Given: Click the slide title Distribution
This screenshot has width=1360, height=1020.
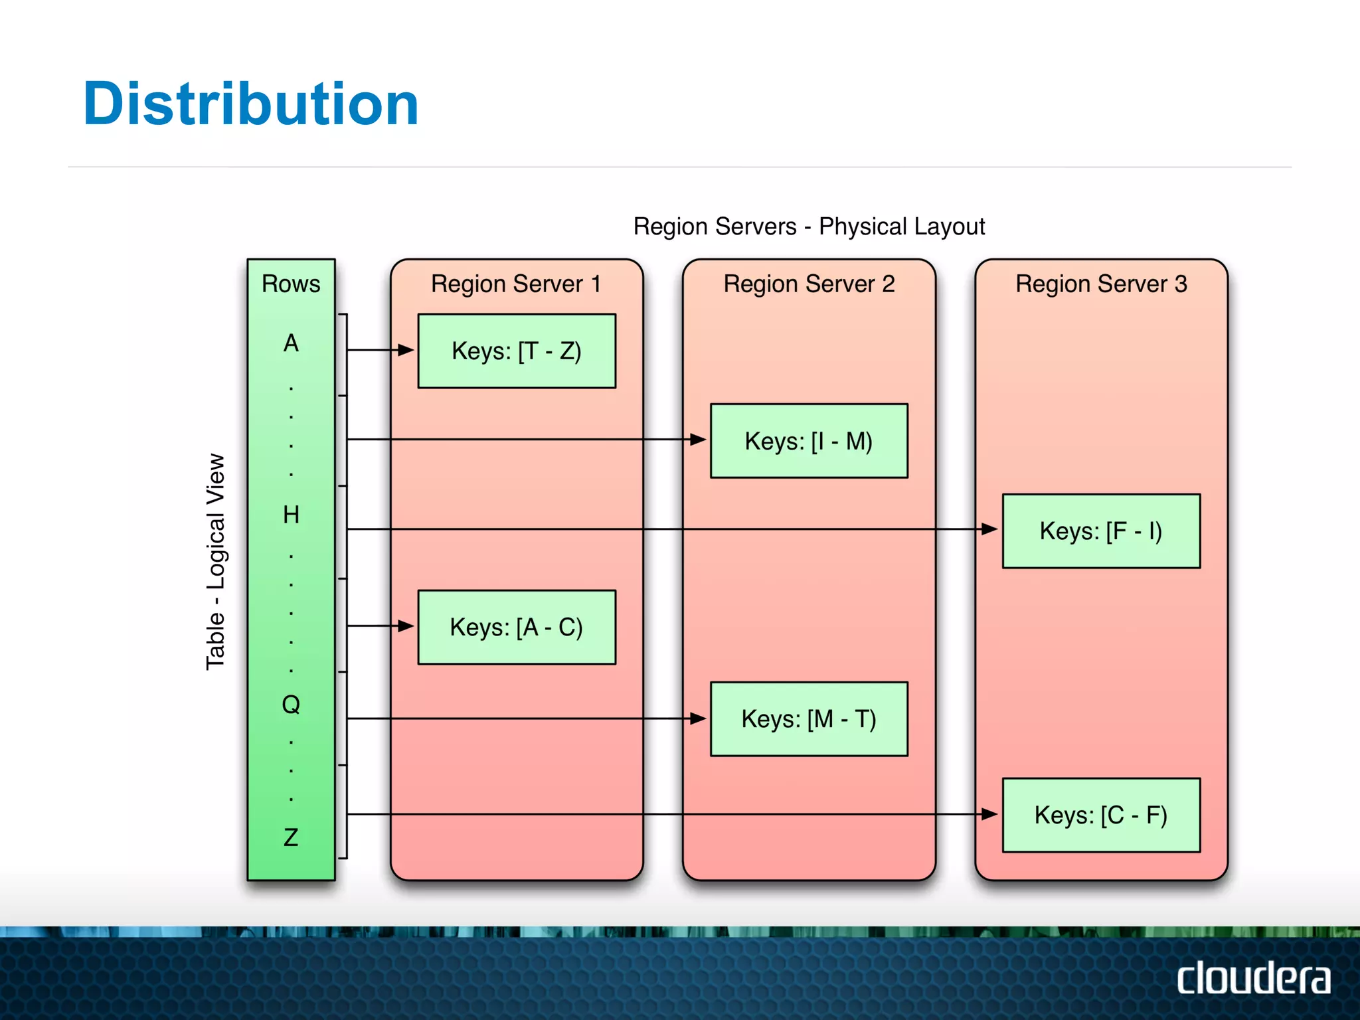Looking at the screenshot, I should [250, 104].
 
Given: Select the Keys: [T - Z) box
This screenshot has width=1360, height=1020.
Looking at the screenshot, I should [517, 351].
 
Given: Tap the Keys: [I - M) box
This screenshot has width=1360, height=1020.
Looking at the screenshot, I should [808, 441].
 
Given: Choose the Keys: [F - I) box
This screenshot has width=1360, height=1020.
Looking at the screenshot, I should [1100, 531].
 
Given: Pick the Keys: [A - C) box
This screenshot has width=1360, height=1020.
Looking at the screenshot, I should [517, 627].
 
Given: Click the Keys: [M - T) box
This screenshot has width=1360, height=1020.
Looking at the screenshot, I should [808, 719].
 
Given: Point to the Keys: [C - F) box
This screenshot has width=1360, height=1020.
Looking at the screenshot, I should [1100, 815].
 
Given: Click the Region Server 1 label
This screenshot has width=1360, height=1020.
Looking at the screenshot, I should [516, 284].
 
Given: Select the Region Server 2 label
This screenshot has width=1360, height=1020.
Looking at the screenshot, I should [808, 284].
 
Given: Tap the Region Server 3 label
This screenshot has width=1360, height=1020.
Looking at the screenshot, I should [1100, 284].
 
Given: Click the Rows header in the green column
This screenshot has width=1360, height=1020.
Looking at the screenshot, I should [291, 284].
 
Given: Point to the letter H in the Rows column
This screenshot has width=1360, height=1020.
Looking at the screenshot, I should [291, 515].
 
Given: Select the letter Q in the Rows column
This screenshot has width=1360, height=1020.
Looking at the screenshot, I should [291, 704].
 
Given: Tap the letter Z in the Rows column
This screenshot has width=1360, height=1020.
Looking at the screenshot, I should [291, 837].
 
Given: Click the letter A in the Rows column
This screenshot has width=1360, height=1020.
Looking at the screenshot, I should [291, 343].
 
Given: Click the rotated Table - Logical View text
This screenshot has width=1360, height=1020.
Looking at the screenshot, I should [215, 562].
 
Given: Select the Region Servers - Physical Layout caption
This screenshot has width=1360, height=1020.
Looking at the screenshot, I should [808, 226].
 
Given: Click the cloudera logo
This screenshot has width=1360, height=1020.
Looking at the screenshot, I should [1253, 978].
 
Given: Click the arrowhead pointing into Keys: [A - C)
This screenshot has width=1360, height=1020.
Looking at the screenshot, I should [406, 626].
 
